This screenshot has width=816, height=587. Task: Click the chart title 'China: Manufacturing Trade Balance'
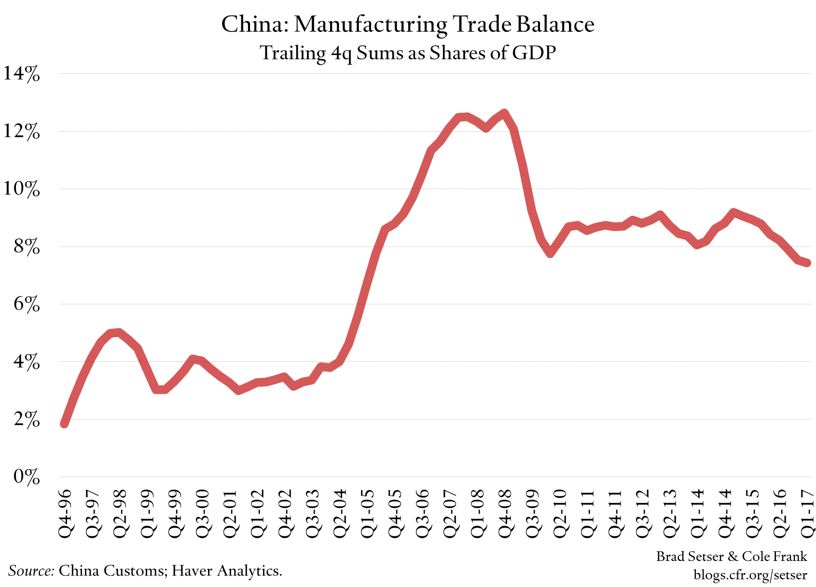tap(408, 24)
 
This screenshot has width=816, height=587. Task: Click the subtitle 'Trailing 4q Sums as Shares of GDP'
tap(408, 53)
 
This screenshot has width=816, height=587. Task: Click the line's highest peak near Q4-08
tap(504, 114)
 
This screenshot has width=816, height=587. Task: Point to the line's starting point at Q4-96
tap(64, 424)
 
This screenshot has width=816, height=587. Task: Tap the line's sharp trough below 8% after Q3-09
tap(550, 253)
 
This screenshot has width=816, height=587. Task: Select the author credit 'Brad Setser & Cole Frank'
tap(731, 557)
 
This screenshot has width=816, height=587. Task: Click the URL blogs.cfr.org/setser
tap(750, 574)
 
